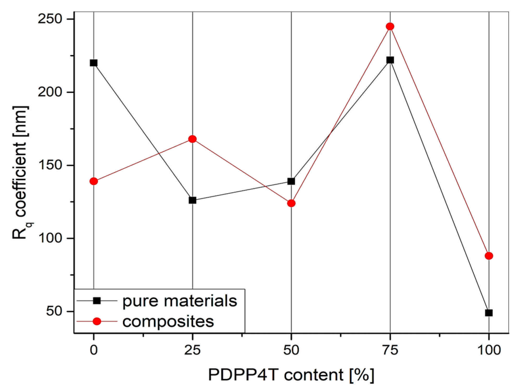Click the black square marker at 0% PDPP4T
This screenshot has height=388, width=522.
coord(94,63)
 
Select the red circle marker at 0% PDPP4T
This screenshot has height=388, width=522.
coord(94,181)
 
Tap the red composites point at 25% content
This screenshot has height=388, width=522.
coord(192,139)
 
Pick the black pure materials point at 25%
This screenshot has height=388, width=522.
coord(192,200)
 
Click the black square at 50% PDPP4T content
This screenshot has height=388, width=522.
coord(291,181)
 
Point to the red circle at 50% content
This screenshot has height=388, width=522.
coord(291,203)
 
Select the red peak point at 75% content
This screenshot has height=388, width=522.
coord(390,26)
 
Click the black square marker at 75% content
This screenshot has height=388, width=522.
coord(390,60)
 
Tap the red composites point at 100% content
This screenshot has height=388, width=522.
coord(489,256)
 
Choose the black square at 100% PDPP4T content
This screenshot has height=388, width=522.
coord(489,313)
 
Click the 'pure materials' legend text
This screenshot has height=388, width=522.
coord(180,301)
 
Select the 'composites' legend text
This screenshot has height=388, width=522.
coord(168,321)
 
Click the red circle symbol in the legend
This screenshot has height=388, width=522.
coord(97,321)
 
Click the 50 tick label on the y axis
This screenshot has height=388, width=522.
coord(54,311)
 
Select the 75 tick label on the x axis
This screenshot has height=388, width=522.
coord(390,350)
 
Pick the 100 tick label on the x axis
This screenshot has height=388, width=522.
coord(489,350)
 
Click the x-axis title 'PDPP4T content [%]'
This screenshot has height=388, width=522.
coord(291,375)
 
